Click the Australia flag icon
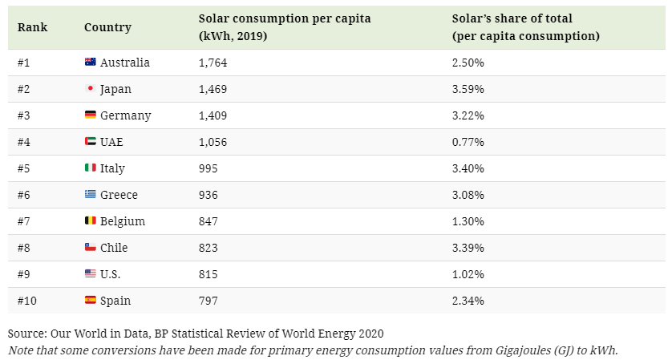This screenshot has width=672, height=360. click(x=90, y=63)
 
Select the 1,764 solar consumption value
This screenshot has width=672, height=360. click(x=213, y=63)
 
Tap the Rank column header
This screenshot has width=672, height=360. click(x=32, y=27)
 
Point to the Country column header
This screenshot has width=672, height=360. click(x=107, y=27)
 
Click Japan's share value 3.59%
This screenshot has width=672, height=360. click(x=468, y=89)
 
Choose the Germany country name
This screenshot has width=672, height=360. click(x=125, y=115)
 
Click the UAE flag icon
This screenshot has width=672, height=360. click(x=90, y=142)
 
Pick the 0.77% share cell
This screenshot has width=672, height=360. click(x=468, y=142)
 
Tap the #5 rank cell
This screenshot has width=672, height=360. click(x=24, y=168)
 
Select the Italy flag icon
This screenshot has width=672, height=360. click(x=90, y=168)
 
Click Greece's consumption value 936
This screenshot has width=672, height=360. click(x=208, y=195)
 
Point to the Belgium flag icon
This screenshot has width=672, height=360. click(x=90, y=221)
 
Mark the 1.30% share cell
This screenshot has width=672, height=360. click(x=468, y=221)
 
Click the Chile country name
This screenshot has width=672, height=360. click(x=114, y=248)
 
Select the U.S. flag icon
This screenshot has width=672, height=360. click(x=90, y=274)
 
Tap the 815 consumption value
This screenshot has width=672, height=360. click(x=208, y=274)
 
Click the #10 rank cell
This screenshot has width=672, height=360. click(x=27, y=301)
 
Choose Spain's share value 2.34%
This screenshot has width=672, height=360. click(x=468, y=301)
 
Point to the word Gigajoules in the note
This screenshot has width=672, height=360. click(x=496, y=350)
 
